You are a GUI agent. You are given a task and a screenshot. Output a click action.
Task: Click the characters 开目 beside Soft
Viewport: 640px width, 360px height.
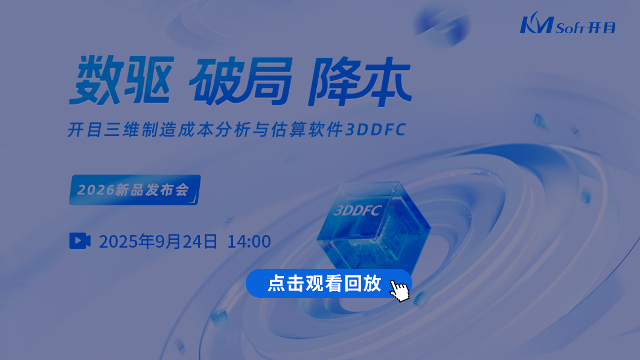tap(601, 28)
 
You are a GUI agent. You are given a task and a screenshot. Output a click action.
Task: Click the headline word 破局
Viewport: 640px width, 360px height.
tap(242, 81)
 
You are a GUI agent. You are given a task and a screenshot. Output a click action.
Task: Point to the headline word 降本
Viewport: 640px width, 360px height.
tap(360, 81)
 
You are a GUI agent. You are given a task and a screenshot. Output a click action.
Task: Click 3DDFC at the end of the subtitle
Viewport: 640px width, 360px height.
tap(376, 130)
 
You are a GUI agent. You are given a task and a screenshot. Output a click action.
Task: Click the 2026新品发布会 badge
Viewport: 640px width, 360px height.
tap(135, 190)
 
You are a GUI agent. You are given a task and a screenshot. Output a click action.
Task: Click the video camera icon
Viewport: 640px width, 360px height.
tap(80, 241)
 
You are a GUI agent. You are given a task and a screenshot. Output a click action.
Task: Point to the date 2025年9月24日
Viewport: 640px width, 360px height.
tap(158, 241)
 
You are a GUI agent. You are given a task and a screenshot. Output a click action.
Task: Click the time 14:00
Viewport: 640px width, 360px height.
tap(249, 242)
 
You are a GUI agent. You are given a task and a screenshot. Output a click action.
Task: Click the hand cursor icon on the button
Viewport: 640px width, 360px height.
tap(400, 290)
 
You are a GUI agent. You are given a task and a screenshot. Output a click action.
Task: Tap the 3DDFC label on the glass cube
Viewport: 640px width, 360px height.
tap(357, 210)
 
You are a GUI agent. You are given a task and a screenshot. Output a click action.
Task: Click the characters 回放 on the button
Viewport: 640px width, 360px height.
tap(363, 283)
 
